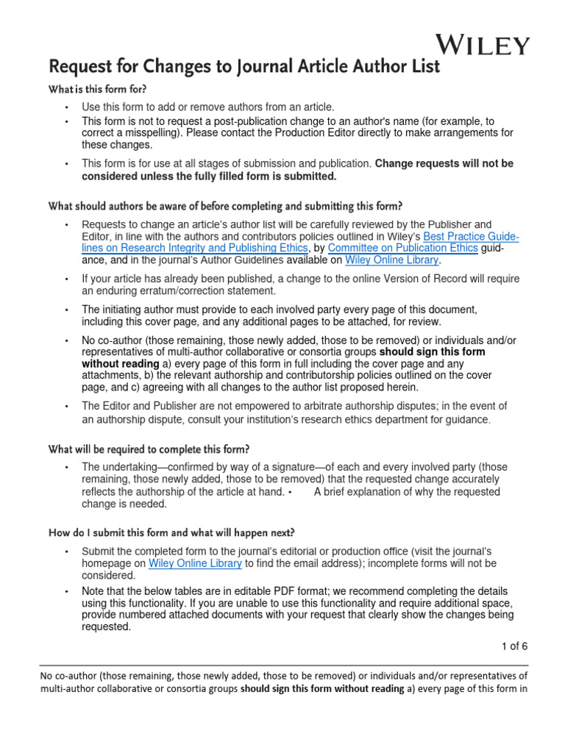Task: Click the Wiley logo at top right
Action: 482,45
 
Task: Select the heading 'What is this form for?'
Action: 97,89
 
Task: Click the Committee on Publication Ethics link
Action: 402,248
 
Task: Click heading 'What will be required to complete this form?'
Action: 149,449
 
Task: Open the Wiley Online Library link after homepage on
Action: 195,563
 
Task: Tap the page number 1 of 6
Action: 514,646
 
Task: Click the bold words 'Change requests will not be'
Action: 444,163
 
